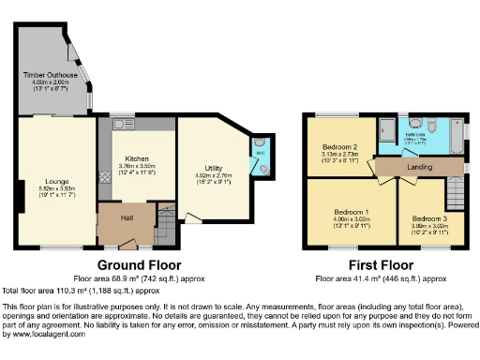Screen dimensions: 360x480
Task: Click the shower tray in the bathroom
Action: tap(387, 129)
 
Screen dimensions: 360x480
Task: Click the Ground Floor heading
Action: tap(140, 265)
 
